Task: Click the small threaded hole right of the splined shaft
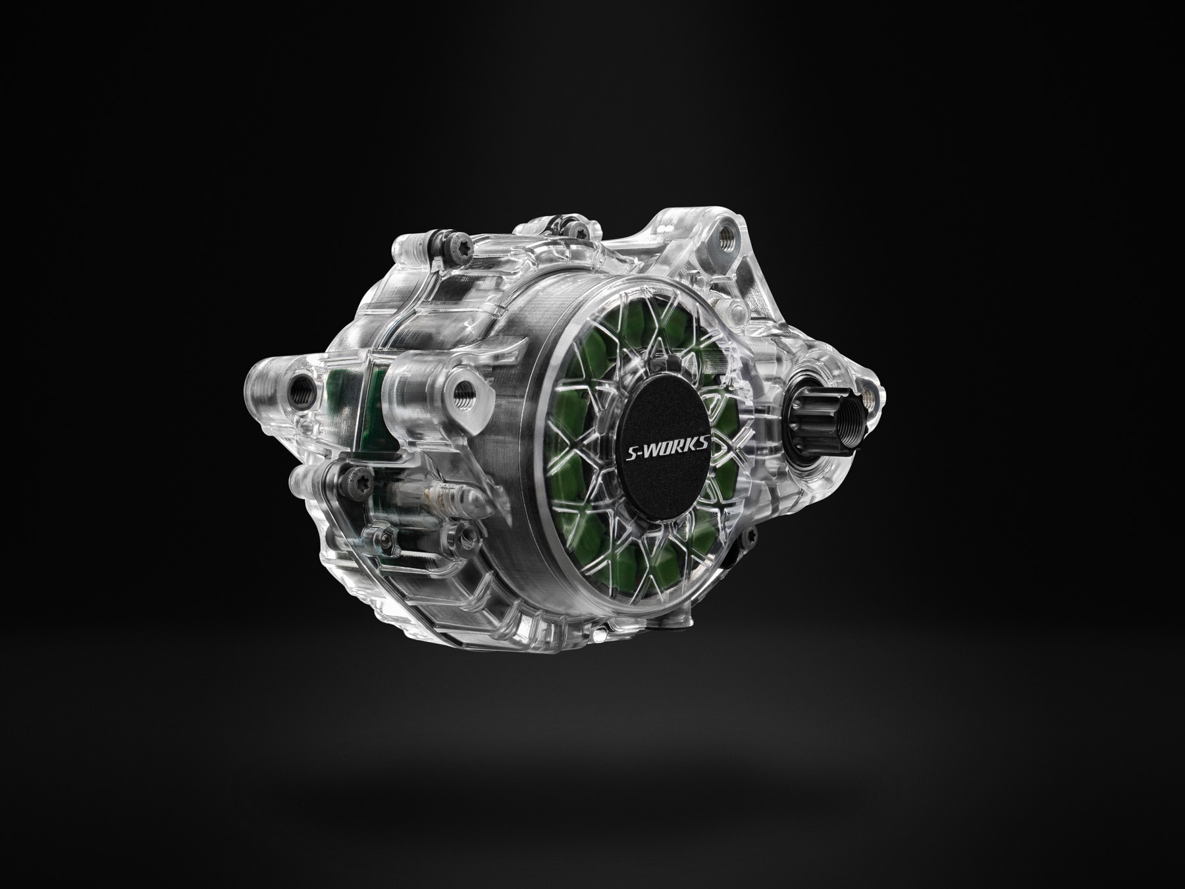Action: pyautogui.click(x=868, y=395)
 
